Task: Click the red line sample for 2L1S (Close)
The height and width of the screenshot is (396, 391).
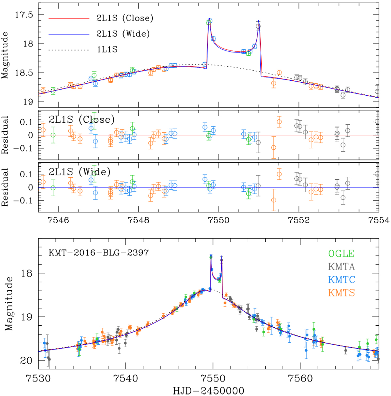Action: click(69, 19)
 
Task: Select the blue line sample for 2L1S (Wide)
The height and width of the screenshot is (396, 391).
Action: click(69, 34)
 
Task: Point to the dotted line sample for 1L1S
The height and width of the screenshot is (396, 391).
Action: click(69, 50)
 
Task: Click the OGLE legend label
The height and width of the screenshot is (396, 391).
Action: click(341, 254)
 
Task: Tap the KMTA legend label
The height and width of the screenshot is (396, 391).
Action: click(341, 267)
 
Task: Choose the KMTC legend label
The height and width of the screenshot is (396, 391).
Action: click(341, 280)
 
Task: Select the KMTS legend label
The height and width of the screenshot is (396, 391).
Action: click(341, 293)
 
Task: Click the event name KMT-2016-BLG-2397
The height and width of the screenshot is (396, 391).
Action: click(99, 253)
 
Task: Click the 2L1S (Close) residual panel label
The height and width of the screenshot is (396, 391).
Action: click(81, 120)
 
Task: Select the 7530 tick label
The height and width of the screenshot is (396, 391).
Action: click(38, 378)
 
